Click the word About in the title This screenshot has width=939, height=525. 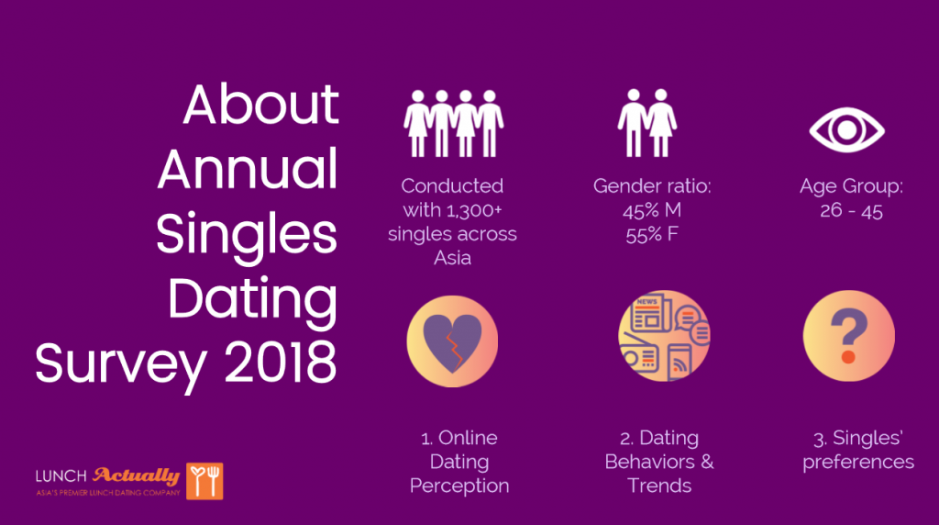tap(260, 105)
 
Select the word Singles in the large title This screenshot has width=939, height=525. tap(246, 236)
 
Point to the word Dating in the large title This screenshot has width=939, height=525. tap(252, 300)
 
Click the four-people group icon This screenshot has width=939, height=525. tap(453, 124)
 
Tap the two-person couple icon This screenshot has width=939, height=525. tap(647, 123)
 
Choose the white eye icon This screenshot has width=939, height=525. tap(846, 129)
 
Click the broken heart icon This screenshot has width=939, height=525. tap(452, 341)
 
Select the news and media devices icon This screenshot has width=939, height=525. tap(664, 336)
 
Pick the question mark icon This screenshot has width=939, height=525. tap(848, 336)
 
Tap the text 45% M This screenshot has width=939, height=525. tap(652, 210)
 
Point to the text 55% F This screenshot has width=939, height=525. tap(652, 234)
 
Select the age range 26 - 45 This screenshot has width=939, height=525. tap(851, 210)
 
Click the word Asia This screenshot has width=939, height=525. tap(452, 258)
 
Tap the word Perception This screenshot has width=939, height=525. tap(459, 486)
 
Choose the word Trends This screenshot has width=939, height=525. tap(659, 486)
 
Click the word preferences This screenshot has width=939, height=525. tap(858, 462)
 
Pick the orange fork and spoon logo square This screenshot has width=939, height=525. tap(204, 481)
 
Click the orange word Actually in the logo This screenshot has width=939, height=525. tap(136, 475)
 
